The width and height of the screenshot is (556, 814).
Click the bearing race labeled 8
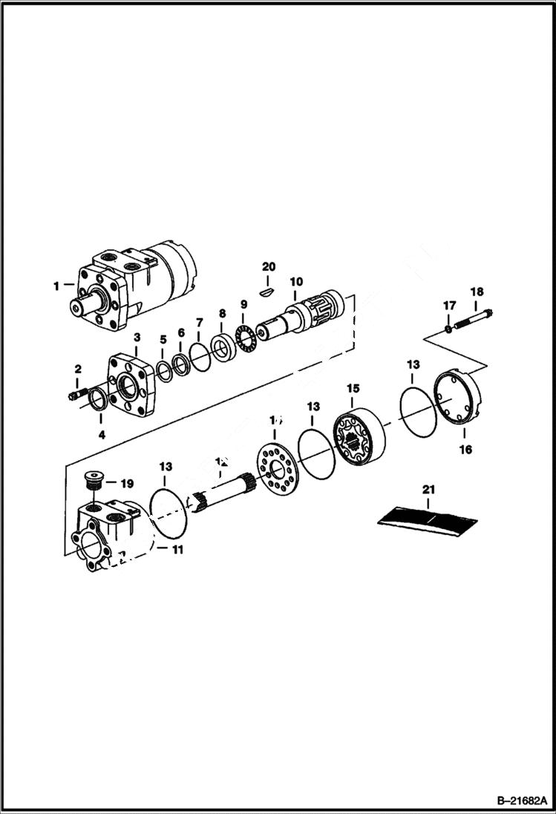pos(222,345)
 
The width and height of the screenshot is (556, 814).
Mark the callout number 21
pos(428,489)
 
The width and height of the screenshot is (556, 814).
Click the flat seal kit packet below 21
pos(427,516)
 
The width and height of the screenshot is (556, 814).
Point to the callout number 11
pos(177,550)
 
